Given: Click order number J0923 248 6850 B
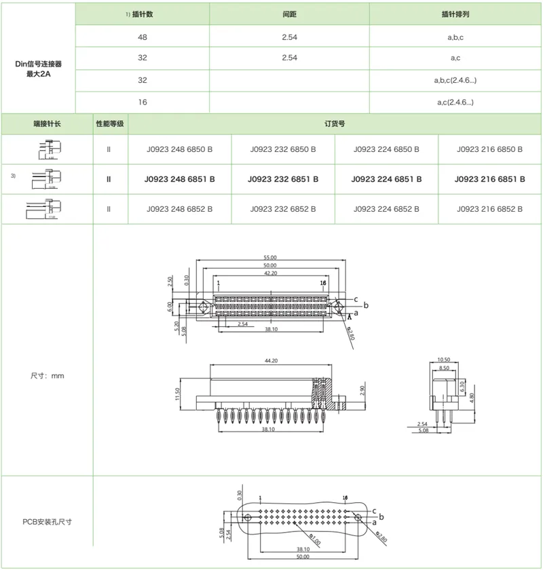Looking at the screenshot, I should (x=180, y=149).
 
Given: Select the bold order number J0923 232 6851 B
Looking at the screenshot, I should (x=283, y=179).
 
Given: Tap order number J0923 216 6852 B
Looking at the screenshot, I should (x=490, y=209).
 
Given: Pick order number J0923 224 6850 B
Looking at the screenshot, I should (x=387, y=149).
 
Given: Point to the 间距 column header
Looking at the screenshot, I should (x=289, y=14).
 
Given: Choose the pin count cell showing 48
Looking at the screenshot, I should (x=143, y=37).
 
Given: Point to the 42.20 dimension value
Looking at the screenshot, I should (x=270, y=273).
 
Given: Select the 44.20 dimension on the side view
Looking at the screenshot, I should (x=270, y=360).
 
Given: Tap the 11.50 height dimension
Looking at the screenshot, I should (x=177, y=394).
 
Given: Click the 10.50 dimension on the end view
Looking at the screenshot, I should (x=445, y=359).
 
